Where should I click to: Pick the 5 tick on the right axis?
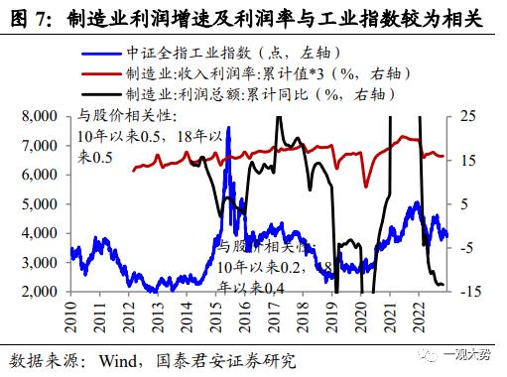pos(465,204)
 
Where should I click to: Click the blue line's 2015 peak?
pos(229,128)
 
